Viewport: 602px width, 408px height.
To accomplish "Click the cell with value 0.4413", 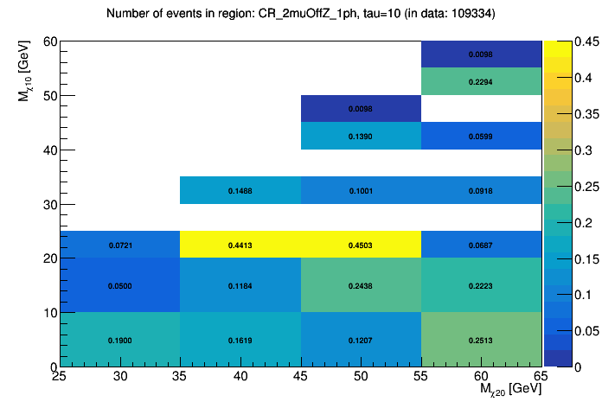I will coord(240,245).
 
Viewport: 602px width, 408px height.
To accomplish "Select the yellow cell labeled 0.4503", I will coord(361,245).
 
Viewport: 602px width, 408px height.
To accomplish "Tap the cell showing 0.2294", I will coord(481,81).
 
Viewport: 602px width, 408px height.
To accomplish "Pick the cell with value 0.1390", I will coord(361,136).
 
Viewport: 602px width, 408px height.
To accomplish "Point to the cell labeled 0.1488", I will coord(240,190).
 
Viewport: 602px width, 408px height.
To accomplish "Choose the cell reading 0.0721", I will coord(120,245).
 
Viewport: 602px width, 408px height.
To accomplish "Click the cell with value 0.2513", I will coord(481,340).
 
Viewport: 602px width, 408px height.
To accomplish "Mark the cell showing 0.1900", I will coord(120,340).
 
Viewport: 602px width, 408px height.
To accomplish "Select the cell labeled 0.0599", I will coord(481,136).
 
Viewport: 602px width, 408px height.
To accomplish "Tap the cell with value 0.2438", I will coord(361,285).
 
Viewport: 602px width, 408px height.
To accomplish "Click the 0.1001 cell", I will coord(361,190).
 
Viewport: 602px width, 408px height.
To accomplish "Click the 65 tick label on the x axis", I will coord(541,376).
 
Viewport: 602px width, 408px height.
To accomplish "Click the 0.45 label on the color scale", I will coord(567,41).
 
